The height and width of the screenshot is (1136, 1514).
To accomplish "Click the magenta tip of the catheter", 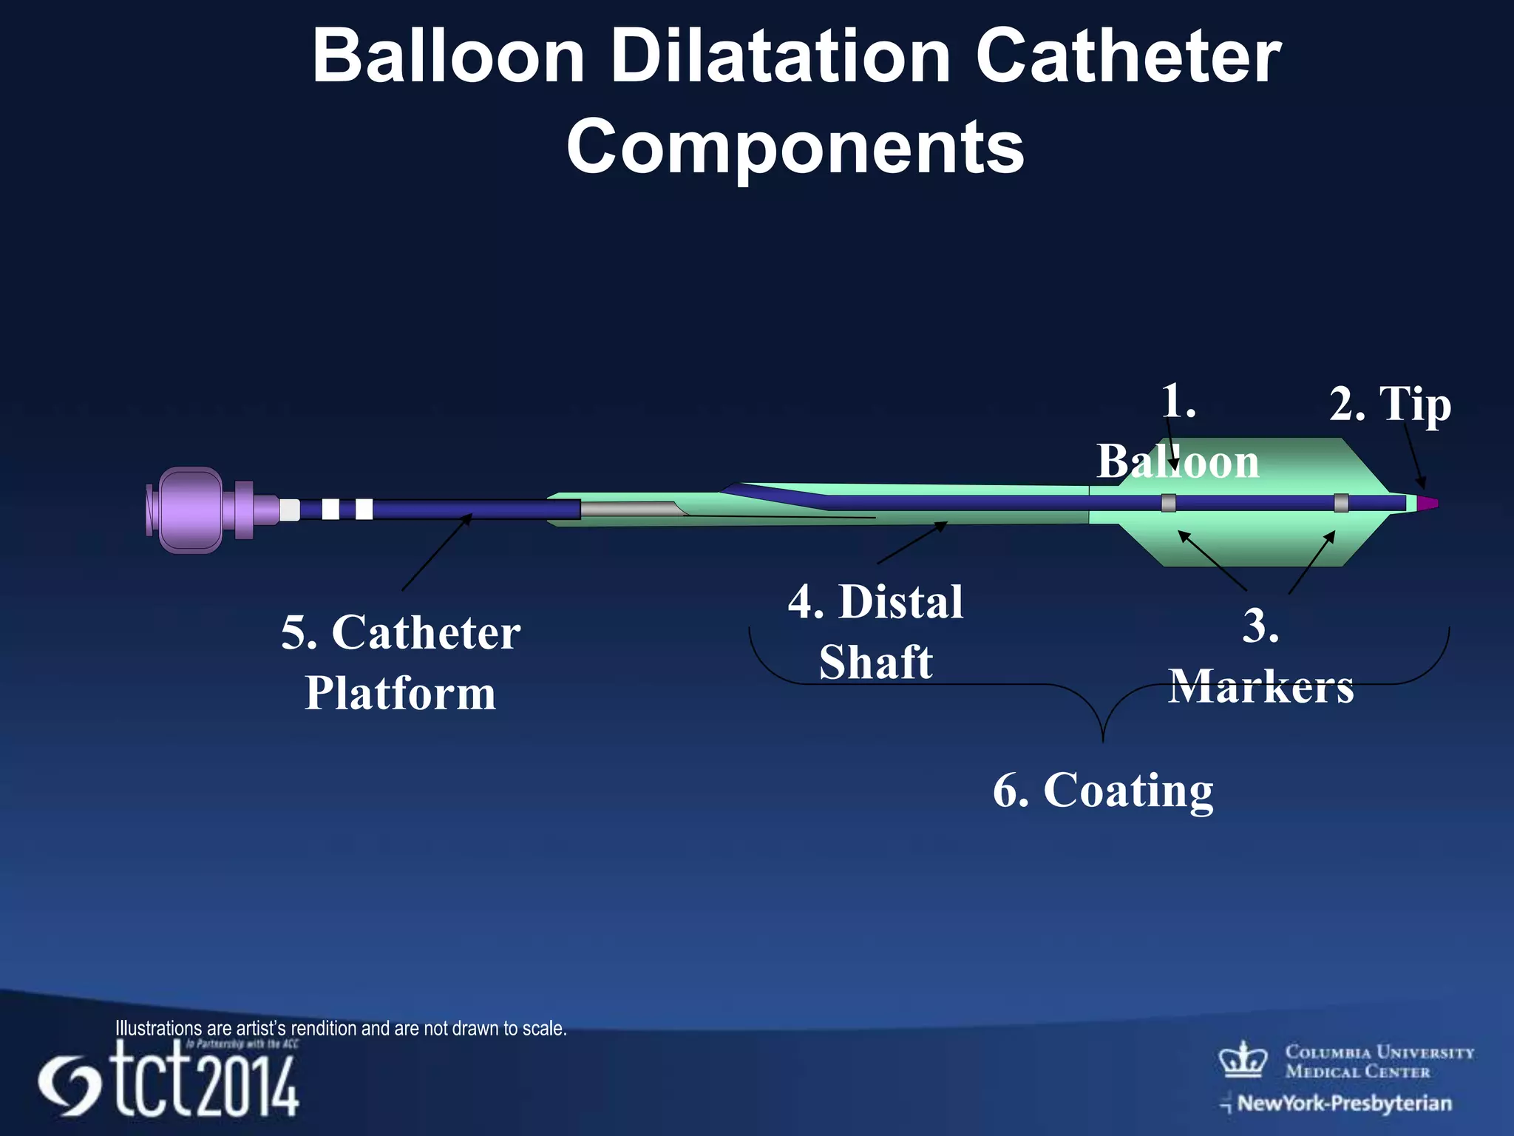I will tap(1428, 503).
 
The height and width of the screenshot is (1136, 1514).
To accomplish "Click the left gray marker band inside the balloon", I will tap(1169, 503).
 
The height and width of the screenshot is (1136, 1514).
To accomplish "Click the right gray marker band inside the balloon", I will tap(1341, 503).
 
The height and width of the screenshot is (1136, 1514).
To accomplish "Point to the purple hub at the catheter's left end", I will tap(191, 510).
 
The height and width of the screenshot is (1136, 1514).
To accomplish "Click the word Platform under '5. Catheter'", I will tap(400, 693).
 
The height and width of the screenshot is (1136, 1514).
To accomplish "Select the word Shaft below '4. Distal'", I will tap(876, 662).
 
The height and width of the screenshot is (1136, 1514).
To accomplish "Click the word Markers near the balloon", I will tap(1261, 686).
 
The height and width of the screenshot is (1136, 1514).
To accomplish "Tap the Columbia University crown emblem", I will tap(1243, 1060).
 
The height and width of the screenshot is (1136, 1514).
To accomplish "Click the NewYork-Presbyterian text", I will tap(1344, 1103).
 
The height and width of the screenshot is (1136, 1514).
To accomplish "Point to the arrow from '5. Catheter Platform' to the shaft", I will tap(436, 552).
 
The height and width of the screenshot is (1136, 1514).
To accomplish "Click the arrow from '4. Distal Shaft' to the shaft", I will tap(912, 543).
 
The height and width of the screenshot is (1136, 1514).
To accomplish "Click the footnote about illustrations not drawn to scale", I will tap(341, 1028).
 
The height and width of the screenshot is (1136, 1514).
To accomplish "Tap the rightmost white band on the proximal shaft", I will tap(364, 510).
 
